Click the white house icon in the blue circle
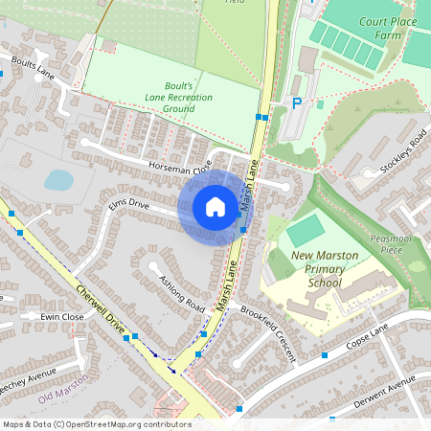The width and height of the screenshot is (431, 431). tap(215, 207)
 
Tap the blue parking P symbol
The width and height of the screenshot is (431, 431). tap(297, 102)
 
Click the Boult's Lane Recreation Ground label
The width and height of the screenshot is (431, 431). tap(178, 97)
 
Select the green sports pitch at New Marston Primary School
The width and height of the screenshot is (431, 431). tap(306, 230)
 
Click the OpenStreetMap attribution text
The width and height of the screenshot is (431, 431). tap(96, 424)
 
